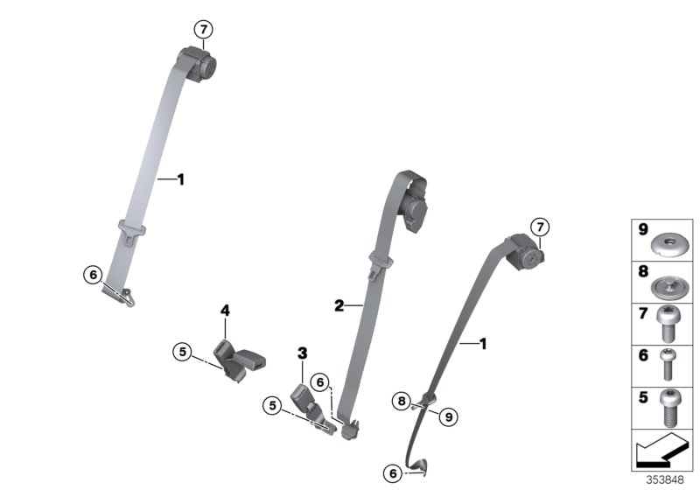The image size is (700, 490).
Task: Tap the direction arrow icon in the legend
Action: click(x=661, y=453)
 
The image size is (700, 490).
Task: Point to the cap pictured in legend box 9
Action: click(x=668, y=240)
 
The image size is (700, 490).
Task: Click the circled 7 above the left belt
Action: click(x=203, y=31)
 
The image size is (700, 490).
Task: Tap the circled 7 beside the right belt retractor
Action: click(x=540, y=227)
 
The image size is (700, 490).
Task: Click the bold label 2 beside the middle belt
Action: click(x=339, y=305)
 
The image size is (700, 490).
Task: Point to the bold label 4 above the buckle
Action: click(x=225, y=310)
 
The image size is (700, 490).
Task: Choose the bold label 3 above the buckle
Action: click(x=303, y=353)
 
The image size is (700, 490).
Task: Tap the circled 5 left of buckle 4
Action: click(x=182, y=353)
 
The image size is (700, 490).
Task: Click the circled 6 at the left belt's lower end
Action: click(x=93, y=274)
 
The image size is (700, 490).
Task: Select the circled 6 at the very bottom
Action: click(x=393, y=473)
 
